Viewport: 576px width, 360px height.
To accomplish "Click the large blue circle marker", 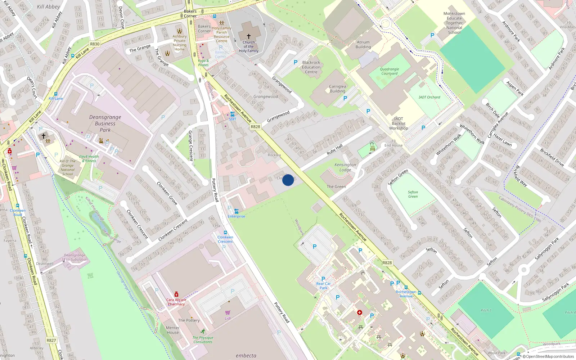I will coord(288,180).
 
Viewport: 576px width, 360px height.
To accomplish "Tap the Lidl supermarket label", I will coord(228,318).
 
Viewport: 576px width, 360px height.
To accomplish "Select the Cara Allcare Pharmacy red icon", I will coord(176,294).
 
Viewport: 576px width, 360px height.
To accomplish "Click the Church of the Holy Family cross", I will coord(248,36).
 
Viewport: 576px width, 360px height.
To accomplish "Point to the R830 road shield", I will coord(95,44).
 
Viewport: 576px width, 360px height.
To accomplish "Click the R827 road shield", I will coord(51,340).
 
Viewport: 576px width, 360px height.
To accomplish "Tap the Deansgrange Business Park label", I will coord(105,123).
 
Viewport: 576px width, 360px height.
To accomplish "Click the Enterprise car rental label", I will coord(236,216).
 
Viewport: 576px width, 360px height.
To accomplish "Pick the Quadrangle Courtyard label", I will coord(389,71).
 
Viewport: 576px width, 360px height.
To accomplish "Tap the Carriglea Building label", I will coord(337,89).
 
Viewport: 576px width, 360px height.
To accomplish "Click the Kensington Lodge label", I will coord(345,167).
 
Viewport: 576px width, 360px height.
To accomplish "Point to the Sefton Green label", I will coord(413,194).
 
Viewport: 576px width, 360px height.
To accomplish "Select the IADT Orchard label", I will coord(429,97).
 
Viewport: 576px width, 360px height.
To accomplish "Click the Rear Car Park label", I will coord(323,286).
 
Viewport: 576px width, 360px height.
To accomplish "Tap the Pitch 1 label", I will coord(486,310).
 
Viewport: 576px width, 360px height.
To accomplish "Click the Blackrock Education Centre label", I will coord(311,67).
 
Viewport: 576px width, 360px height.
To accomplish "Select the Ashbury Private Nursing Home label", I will coord(179,43).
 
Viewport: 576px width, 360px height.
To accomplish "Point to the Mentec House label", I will coord(173,330).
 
